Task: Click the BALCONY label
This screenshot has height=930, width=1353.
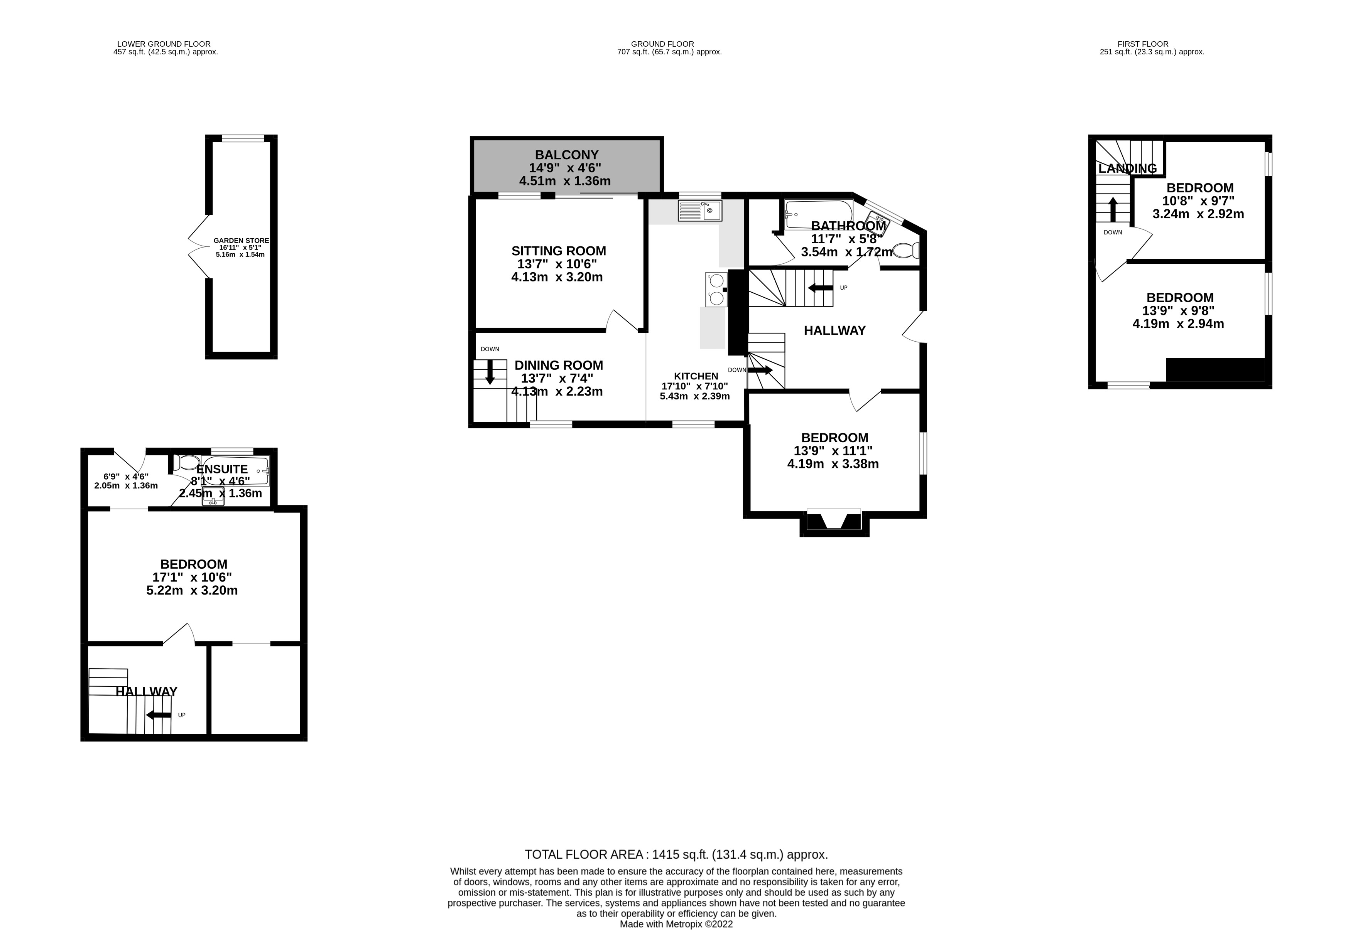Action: click(x=567, y=155)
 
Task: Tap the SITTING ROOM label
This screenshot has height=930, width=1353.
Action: click(x=559, y=251)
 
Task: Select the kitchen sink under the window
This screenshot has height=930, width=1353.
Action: click(x=699, y=211)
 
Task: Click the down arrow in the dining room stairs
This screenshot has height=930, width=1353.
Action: click(x=490, y=372)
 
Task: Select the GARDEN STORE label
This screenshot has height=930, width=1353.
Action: click(x=241, y=241)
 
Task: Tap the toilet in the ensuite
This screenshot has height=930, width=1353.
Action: click(x=187, y=463)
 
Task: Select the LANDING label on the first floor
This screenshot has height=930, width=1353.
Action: click(x=1127, y=168)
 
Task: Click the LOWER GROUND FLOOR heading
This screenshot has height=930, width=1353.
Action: click(x=164, y=44)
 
